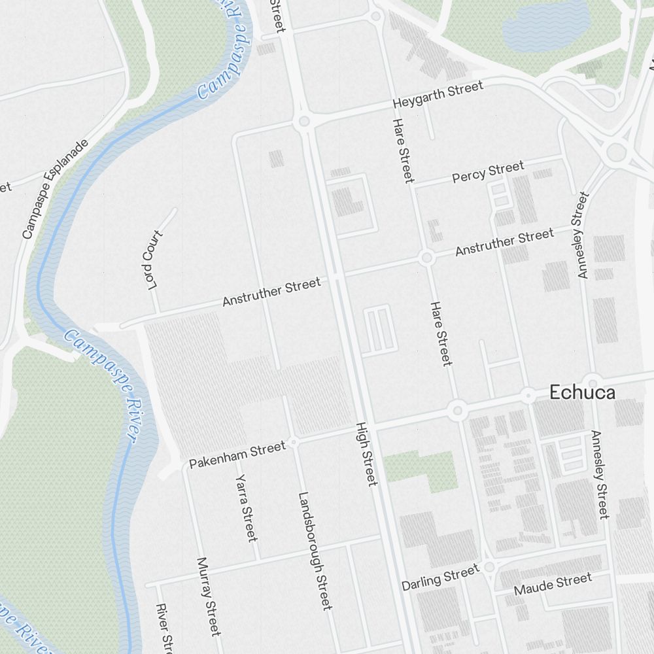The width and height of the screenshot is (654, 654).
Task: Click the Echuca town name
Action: pyautogui.click(x=582, y=392)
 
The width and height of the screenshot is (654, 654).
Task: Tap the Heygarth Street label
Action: pyautogui.click(x=438, y=95)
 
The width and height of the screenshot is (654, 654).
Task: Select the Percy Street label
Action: pyautogui.click(x=488, y=173)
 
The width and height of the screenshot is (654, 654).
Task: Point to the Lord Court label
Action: pyautogui.click(x=151, y=259)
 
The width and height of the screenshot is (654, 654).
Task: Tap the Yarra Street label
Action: pyautogui.click(x=245, y=508)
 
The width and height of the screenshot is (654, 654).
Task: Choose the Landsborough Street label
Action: pyautogui.click(x=315, y=551)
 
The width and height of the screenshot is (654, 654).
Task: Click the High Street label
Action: pyautogui.click(x=366, y=454)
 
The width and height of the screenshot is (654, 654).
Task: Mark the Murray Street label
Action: pyautogui.click(x=209, y=596)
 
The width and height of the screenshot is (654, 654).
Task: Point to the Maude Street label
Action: pyautogui.click(x=553, y=584)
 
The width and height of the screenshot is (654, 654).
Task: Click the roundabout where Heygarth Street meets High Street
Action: pyautogui.click(x=303, y=122)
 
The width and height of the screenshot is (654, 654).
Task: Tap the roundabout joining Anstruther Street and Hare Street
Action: pyautogui.click(x=426, y=258)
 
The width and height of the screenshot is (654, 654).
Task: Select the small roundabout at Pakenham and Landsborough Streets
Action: pyautogui.click(x=294, y=443)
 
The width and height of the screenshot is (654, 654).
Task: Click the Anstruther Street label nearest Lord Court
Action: pyautogui.click(x=271, y=292)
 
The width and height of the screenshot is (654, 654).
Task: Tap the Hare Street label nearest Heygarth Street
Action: pyautogui.click(x=402, y=150)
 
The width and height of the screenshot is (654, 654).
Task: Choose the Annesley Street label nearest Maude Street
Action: pyautogui.click(x=600, y=474)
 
